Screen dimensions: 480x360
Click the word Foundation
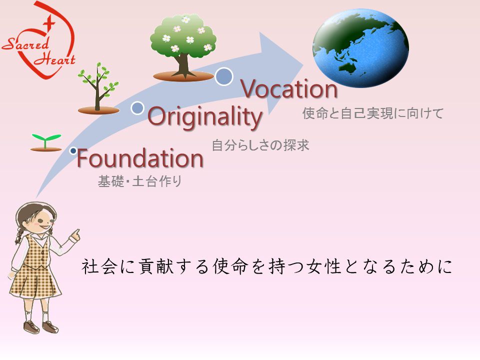[140, 158]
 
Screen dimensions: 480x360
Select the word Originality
[205, 116]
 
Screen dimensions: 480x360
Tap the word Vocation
[289, 89]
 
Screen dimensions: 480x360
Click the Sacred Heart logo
[39, 40]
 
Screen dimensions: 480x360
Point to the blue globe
[360, 48]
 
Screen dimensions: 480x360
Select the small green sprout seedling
[46, 142]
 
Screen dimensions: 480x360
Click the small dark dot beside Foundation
[73, 150]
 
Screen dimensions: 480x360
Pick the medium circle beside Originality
[137, 108]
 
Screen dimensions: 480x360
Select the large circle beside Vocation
[224, 76]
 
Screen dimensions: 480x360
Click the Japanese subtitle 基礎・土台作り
[140, 181]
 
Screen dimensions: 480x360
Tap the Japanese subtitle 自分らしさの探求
[260, 145]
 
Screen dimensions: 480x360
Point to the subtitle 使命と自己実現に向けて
[373, 113]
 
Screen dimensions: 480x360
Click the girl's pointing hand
[75, 235]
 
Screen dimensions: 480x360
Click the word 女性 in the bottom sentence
[324, 266]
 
